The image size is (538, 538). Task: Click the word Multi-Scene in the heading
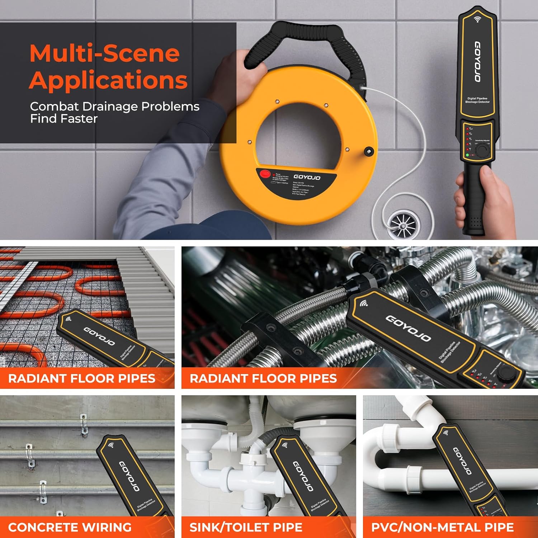point(104,53)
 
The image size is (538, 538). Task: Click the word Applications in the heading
point(108,80)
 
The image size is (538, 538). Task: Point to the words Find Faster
point(64,119)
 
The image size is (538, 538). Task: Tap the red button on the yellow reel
point(265,174)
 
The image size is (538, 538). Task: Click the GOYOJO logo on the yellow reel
point(307,177)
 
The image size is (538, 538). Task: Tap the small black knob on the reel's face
point(368,151)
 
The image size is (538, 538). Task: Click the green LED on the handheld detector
point(467,155)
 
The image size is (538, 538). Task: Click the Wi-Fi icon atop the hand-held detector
point(477,19)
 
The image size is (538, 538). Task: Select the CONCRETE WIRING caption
point(70,527)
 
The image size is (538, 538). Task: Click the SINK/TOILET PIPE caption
point(246,527)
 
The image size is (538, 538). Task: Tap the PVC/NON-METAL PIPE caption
point(442,527)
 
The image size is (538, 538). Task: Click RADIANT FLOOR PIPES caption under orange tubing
point(82,378)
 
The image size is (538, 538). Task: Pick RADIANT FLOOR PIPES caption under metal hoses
point(263,378)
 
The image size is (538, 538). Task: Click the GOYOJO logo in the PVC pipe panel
point(462,461)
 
